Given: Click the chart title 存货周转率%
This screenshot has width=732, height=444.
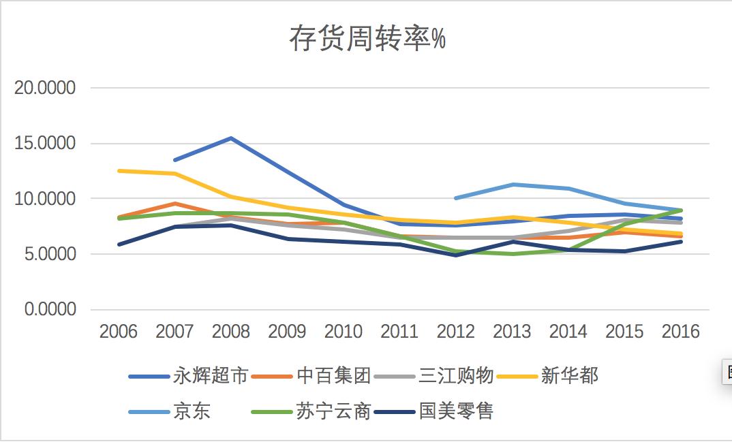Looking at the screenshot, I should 367,39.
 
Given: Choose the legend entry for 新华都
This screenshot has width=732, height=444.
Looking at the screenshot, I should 570,375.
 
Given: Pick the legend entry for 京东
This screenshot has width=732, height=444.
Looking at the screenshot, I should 192,411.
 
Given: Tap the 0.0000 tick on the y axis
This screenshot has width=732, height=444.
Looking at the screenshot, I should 50,310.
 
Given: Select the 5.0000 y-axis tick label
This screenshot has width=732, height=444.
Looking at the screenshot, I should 50,255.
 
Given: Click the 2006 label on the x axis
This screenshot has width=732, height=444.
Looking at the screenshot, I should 118,332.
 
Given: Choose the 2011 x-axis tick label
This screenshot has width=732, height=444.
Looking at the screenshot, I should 399,332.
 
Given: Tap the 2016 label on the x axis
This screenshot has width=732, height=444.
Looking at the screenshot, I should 681,332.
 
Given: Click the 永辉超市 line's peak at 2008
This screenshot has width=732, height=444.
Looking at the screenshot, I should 231,138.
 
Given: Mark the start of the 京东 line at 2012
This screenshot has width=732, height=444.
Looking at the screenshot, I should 456,198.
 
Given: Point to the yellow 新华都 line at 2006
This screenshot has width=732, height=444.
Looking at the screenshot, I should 119,170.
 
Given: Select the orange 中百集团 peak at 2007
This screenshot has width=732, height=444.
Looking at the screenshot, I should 175,204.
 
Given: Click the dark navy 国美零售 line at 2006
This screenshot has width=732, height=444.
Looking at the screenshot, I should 119,244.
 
